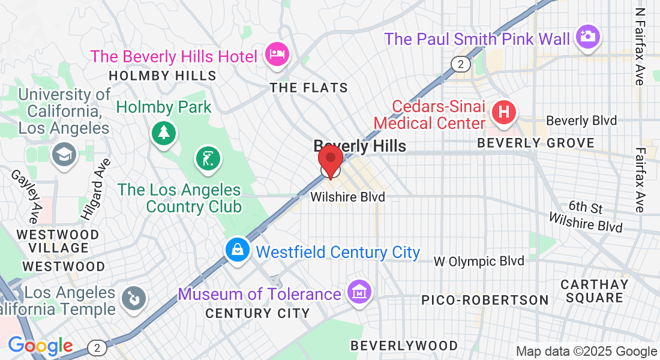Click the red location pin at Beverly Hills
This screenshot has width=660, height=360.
pos(330,160)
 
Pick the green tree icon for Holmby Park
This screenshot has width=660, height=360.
pos(163,131)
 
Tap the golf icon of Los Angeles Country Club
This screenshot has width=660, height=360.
pos(206,159)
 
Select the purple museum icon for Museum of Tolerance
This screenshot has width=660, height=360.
pos(359,292)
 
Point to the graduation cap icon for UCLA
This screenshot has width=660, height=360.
pos(62,154)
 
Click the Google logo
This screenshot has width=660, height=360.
pos(40,346)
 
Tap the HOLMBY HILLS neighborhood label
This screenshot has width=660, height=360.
pos(162,76)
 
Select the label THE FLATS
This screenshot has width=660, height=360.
pos(308,88)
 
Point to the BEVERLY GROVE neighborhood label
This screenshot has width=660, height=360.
pos(536,143)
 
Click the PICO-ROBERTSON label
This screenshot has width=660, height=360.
pos(484,299)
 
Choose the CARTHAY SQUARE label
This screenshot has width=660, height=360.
pos(595,290)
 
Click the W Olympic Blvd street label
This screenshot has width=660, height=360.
pos(479,261)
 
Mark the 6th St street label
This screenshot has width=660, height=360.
pos(586,207)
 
